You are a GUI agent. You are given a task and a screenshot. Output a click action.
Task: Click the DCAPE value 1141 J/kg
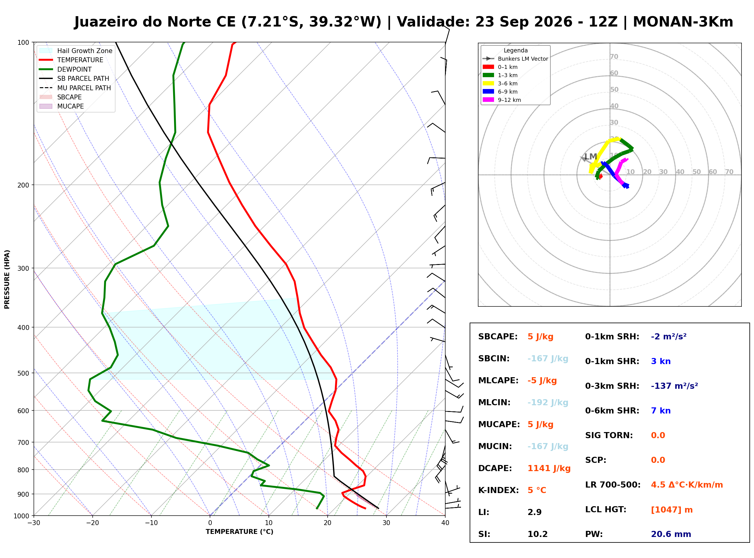pos(549,468)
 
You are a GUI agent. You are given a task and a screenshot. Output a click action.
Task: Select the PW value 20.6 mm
pos(671,534)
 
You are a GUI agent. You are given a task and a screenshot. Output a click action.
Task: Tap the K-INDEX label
pos(499,490)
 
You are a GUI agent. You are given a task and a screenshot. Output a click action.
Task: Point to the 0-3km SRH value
pos(674,386)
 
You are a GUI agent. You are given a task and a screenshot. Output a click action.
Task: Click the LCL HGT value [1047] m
pos(672,510)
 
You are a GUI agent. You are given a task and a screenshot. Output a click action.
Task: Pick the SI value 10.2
pos(538,534)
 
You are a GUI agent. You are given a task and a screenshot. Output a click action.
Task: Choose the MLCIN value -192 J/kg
pos(548,402)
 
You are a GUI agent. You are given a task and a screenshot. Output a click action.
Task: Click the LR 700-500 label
pos(613,485)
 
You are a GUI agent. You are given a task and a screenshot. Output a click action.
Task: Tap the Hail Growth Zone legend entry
pos(76,51)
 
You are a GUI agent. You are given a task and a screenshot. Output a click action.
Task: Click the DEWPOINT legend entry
pos(66,69)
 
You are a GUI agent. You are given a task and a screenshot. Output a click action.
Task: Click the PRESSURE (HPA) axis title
pos(7,279)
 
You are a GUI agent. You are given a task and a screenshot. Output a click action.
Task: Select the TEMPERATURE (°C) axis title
pos(240,532)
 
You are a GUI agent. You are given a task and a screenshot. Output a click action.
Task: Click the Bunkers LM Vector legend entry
pos(515,59)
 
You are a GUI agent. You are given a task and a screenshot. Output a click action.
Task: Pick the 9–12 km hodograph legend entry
pos(502,100)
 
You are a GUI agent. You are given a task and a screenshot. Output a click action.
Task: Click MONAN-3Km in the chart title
pos(683,22)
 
